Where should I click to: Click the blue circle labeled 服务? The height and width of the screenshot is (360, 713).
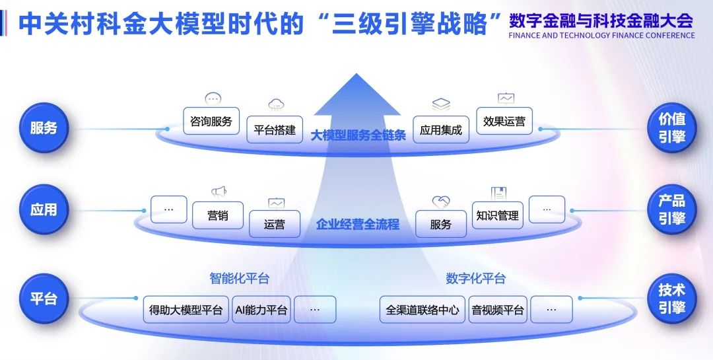coord(44,127)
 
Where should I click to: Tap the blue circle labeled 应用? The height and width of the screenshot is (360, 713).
coord(44,210)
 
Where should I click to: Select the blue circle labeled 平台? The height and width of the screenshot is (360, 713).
coord(44,299)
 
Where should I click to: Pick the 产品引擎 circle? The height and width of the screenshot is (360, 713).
coord(671,210)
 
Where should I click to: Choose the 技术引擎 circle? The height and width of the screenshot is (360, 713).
coord(671,299)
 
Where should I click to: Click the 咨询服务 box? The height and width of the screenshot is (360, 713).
coord(211,122)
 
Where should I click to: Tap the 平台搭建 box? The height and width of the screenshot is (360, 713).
coord(275,130)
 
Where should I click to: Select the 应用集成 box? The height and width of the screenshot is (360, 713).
coord(440,130)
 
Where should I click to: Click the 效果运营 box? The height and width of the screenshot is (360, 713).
coord(504,122)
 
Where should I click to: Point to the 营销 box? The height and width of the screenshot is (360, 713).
coord(218,215)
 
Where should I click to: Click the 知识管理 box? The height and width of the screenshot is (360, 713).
coord(497,215)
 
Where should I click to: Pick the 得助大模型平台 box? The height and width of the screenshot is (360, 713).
coord(186,310)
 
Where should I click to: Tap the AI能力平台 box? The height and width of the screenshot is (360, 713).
coord(261,310)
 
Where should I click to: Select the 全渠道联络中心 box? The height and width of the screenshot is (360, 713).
coord(423,310)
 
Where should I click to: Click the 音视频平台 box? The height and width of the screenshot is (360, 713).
coord(498,310)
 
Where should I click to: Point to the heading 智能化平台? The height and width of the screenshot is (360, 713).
coord(240,279)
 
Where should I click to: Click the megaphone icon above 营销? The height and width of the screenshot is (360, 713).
coord(219,192)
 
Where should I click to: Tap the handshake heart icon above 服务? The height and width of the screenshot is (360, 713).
coord(441,201)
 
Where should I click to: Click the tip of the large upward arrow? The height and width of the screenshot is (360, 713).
coord(357,75)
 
